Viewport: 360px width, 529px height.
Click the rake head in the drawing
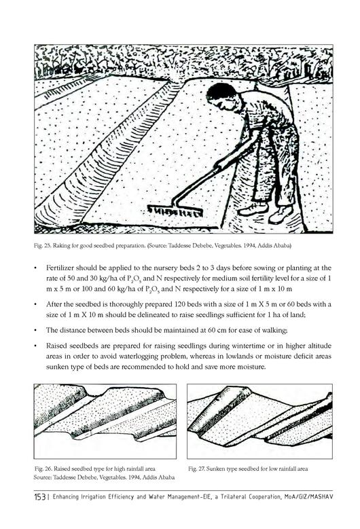(x=175, y=212)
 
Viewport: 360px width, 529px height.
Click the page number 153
(x=40, y=497)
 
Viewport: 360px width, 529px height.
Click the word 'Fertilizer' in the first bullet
(x=60, y=268)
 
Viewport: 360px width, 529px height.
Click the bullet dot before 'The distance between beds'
(x=35, y=330)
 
